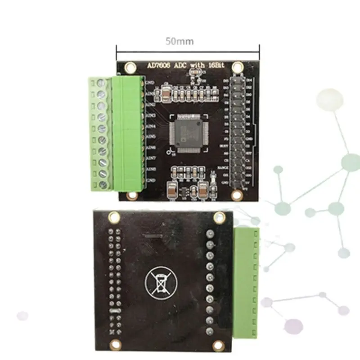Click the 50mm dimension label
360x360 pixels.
[x=179, y=41]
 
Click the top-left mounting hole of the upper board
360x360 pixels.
[x=130, y=67]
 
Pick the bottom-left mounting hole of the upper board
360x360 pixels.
[x=131, y=196]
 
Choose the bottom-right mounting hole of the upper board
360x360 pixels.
[x=237, y=195]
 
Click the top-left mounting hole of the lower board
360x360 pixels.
[x=114, y=218]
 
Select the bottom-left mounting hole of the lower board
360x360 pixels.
[x=115, y=344]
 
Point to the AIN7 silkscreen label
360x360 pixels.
[x=151, y=158]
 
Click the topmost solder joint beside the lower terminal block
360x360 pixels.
[x=210, y=234]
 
